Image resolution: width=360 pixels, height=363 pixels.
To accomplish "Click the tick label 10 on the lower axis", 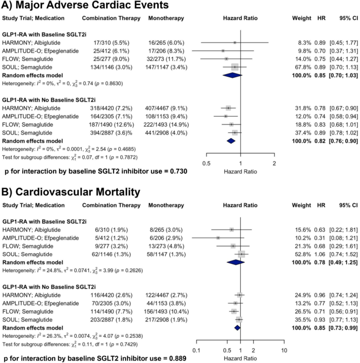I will (284, 350).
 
